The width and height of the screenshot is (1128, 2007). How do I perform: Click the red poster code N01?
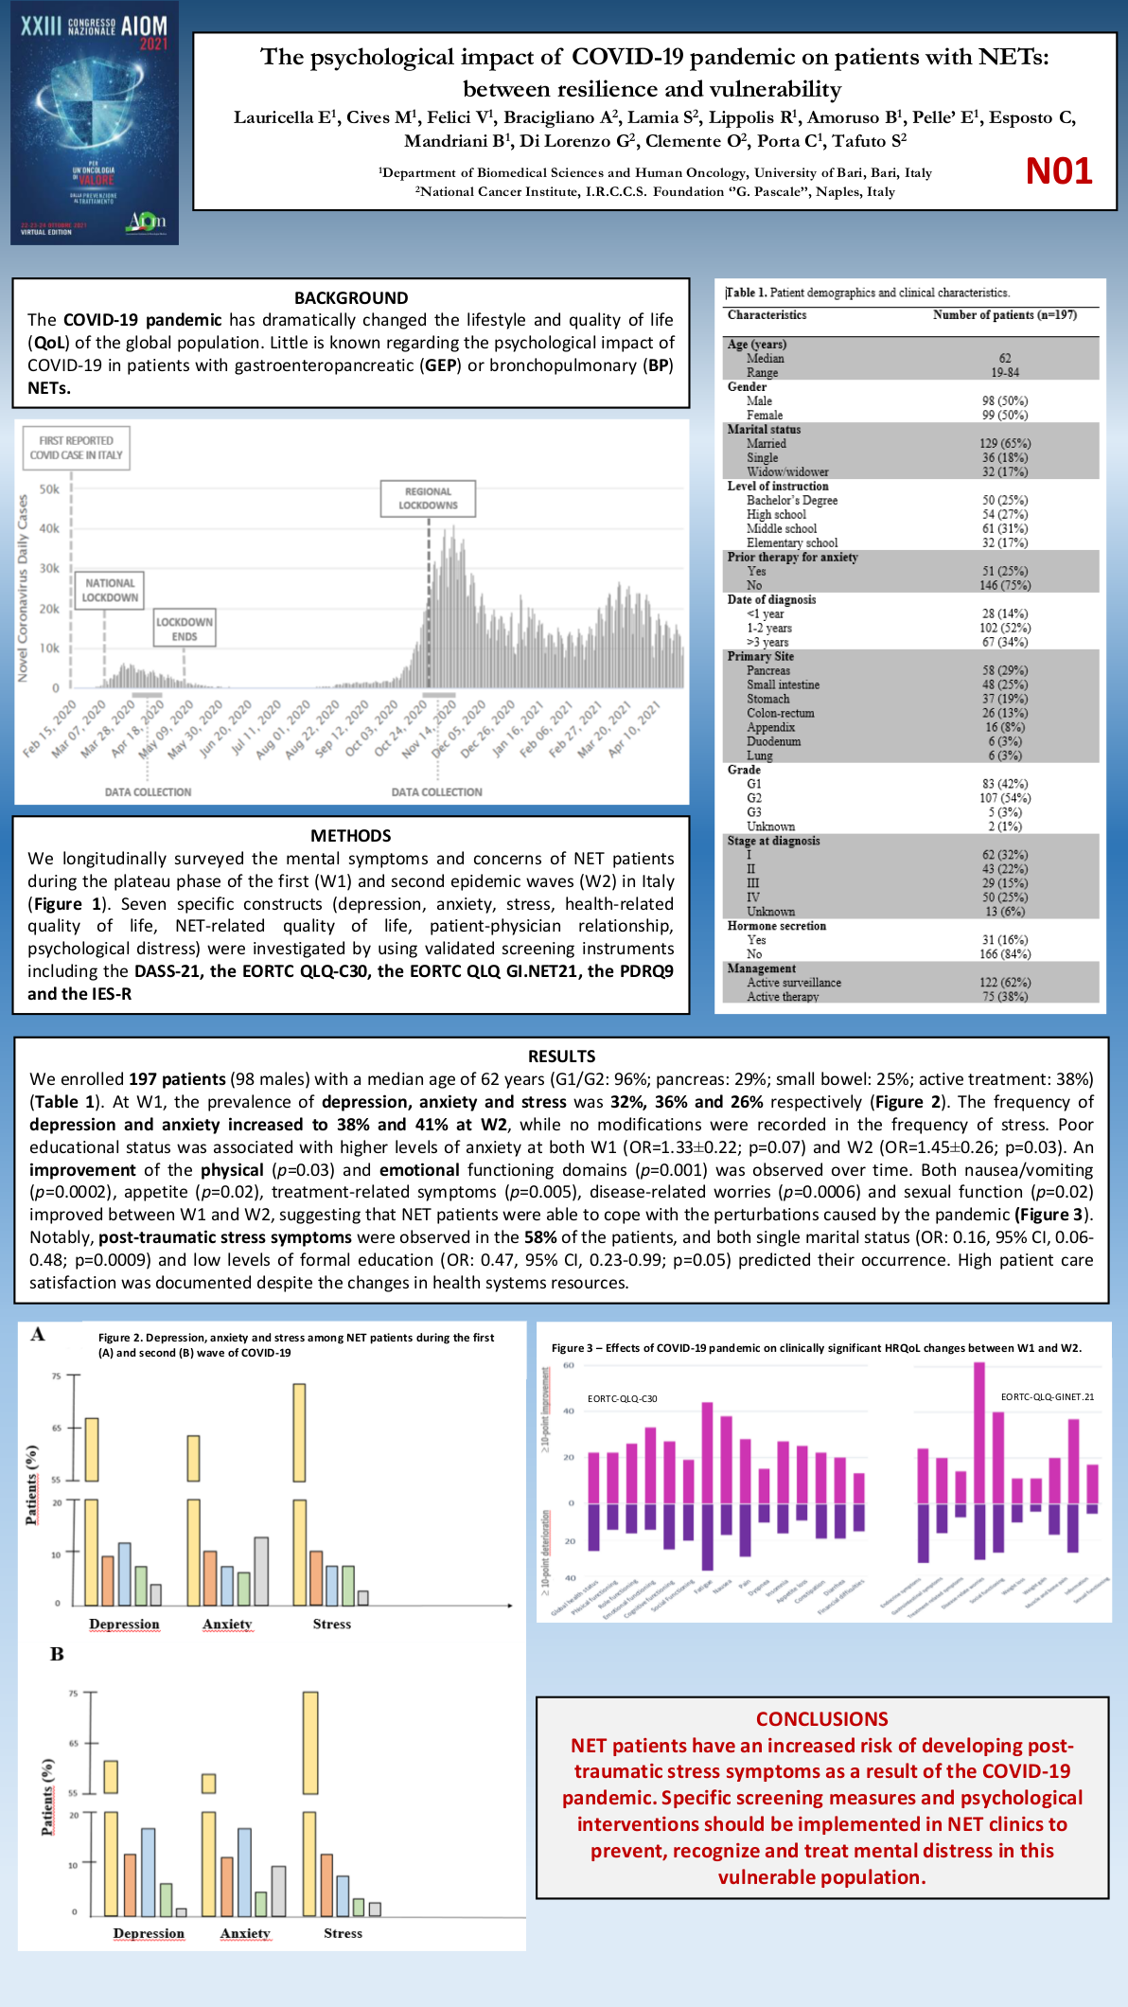tap(1059, 171)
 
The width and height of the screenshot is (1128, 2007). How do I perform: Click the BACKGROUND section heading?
tap(351, 297)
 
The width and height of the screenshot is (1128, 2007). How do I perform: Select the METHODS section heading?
tap(351, 835)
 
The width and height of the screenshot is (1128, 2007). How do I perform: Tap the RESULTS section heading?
tap(562, 1056)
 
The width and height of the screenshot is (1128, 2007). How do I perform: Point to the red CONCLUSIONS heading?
tap(821, 1718)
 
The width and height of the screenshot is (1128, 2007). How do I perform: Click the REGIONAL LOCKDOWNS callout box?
tap(428, 498)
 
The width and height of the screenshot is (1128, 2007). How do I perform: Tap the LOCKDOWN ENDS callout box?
tap(185, 629)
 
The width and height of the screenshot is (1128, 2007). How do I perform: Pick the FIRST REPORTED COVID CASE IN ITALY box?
tap(77, 448)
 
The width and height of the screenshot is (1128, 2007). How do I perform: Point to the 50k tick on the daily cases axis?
tap(49, 489)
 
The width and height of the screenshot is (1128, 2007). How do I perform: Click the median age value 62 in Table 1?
tap(1005, 359)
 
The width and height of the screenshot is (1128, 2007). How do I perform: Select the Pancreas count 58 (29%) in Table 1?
tap(1005, 670)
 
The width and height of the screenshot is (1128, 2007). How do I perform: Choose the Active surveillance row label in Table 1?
tap(793, 983)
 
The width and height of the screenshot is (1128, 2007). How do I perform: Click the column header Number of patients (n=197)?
tap(1004, 315)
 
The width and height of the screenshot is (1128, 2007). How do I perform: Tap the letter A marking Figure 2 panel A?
tap(38, 1334)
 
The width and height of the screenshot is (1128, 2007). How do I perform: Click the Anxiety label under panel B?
tap(245, 1933)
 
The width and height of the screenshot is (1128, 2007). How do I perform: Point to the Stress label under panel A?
tap(332, 1624)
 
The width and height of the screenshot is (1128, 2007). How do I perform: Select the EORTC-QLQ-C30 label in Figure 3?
tap(622, 1398)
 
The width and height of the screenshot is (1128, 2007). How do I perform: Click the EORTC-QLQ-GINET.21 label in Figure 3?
tap(1047, 1396)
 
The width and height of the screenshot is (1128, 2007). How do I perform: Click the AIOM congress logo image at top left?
tap(95, 123)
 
